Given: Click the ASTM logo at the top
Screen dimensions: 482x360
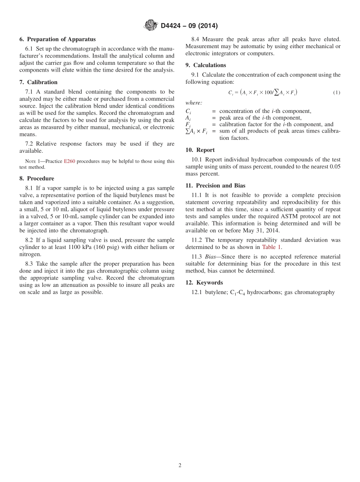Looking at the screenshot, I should (150, 25).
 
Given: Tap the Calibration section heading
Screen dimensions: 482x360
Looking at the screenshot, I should (42, 82).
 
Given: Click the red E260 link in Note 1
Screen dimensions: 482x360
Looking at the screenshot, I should (69, 161).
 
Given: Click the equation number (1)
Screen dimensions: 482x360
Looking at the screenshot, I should (337, 92).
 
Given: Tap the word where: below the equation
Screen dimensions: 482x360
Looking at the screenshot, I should (194, 103).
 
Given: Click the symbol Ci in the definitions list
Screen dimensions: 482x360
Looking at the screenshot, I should (188, 111).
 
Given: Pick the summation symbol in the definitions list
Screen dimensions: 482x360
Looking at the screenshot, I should (187, 131).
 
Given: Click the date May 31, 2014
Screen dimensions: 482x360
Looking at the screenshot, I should (263, 230).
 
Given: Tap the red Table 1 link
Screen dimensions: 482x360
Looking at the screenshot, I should (271, 247).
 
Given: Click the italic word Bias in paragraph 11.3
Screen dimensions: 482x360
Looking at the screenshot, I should (211, 257).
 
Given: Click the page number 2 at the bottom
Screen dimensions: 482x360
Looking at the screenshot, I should (180, 465).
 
